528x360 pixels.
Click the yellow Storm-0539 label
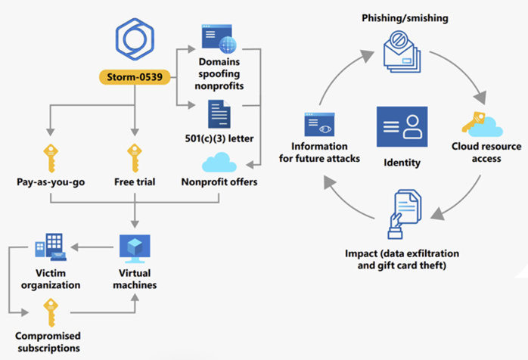click(134, 77)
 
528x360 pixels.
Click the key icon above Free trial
click(134, 156)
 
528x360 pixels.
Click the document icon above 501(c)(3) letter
click(218, 115)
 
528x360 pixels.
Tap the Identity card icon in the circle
click(402, 125)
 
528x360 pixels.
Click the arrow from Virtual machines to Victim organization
click(95, 247)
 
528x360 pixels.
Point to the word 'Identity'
click(402, 162)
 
